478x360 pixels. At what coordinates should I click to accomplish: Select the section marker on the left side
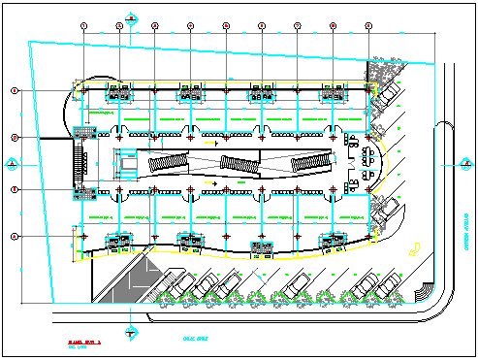tap(10, 161)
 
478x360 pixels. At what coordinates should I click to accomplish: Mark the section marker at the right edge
tap(462, 161)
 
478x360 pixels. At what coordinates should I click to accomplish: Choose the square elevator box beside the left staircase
tap(126, 162)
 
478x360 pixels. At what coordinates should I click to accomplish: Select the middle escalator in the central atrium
tap(238, 163)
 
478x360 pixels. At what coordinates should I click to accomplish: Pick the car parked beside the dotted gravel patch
tap(390, 93)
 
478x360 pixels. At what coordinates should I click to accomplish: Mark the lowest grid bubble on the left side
tap(15, 236)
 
